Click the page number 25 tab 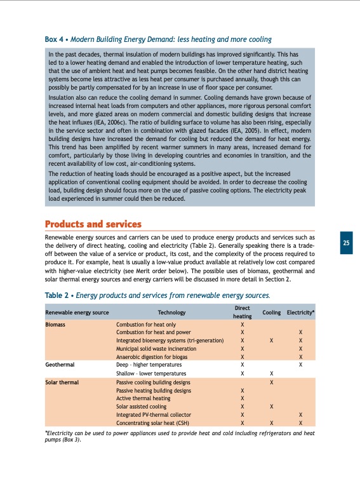(346, 243)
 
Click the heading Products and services (93, 224)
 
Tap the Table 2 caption (157, 295)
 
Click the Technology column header (171, 313)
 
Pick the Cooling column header (271, 313)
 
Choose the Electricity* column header (301, 313)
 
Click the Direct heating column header (243, 311)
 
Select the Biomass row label (56, 324)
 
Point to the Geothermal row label (60, 365)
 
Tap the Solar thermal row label (62, 382)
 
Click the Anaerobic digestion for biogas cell (156, 357)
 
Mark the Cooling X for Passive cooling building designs (271, 382)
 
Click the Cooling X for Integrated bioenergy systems (271, 341)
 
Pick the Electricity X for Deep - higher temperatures (301, 365)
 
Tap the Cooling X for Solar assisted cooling (271, 406)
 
